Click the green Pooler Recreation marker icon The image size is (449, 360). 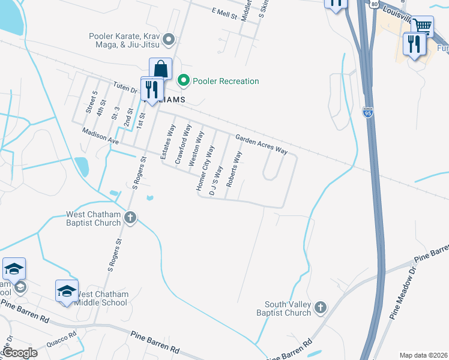184,81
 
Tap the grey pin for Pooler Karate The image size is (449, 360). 169,41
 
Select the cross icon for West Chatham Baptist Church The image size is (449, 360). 130,218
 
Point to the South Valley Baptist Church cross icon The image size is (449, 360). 320,308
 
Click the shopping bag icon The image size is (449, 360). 161,68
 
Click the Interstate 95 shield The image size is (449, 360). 368,112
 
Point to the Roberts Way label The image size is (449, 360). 234,169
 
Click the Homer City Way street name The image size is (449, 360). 205,169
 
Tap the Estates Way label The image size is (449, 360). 167,142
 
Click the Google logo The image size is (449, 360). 19,353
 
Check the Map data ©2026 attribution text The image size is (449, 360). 423,355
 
